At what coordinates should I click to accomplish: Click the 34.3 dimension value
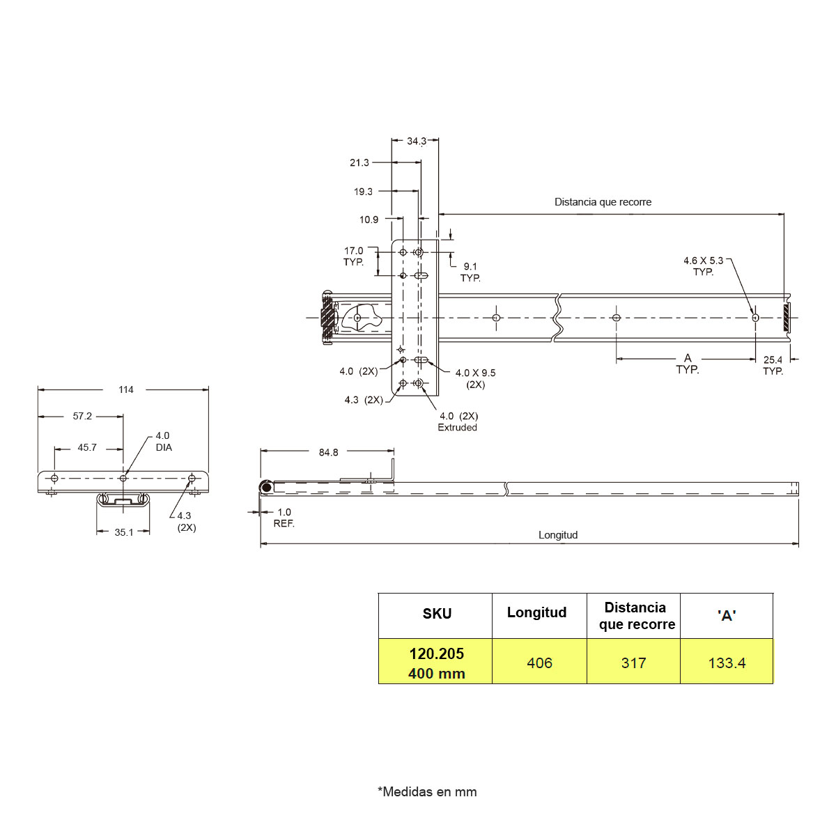pos(416,141)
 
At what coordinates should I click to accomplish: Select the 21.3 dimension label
pos(359,162)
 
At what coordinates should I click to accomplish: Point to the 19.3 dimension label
pos(363,192)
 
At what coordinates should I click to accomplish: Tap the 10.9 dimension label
pos(369,219)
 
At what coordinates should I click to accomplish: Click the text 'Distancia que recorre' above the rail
pos(603,202)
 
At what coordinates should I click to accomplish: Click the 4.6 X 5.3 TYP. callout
pos(703,266)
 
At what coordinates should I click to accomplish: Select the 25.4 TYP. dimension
pos(773,365)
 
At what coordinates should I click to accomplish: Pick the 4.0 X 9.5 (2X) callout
pos(475,378)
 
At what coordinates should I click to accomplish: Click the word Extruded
pos(457,428)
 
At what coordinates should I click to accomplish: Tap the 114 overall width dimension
pos(126,389)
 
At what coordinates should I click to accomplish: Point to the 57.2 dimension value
pos(82,416)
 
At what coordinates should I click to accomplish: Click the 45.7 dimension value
pos(87,447)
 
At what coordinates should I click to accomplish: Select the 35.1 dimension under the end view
pos(123,532)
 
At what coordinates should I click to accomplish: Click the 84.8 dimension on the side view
pos(328,452)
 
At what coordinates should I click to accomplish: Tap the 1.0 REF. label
pos(284,518)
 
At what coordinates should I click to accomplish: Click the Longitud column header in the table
pos(536,612)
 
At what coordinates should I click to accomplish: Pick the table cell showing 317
pos(633,663)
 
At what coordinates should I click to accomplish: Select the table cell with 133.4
pos(727,663)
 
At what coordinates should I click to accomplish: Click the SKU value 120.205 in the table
pos(436,653)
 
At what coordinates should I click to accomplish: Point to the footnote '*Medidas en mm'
pos(427,791)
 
